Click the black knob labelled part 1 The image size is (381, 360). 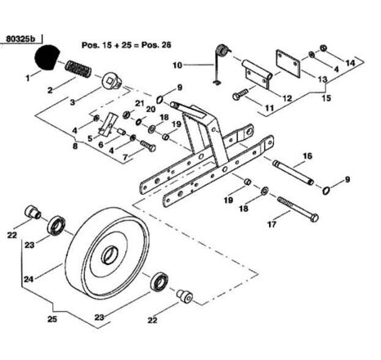tap(47, 57)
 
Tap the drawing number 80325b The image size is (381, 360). tap(20, 39)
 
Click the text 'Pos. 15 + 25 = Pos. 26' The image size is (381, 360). tap(127, 45)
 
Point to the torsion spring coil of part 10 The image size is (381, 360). tap(223, 51)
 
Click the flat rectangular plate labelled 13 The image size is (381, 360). tap(289, 63)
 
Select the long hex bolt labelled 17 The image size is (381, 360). tap(298, 209)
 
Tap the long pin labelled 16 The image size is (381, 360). tap(294, 173)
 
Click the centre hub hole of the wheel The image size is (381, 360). tap(110, 255)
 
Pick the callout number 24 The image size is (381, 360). tap(29, 279)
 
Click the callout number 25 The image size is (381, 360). tap(52, 318)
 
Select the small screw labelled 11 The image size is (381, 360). tap(241, 94)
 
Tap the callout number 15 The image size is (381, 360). tap(326, 97)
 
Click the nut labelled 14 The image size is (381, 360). tap(323, 48)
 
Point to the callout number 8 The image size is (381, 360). tap(75, 146)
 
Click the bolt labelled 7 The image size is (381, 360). tap(148, 146)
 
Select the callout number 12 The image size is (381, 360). tap(287, 98)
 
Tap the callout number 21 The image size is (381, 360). tap(140, 103)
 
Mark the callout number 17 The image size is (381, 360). tap(271, 224)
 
